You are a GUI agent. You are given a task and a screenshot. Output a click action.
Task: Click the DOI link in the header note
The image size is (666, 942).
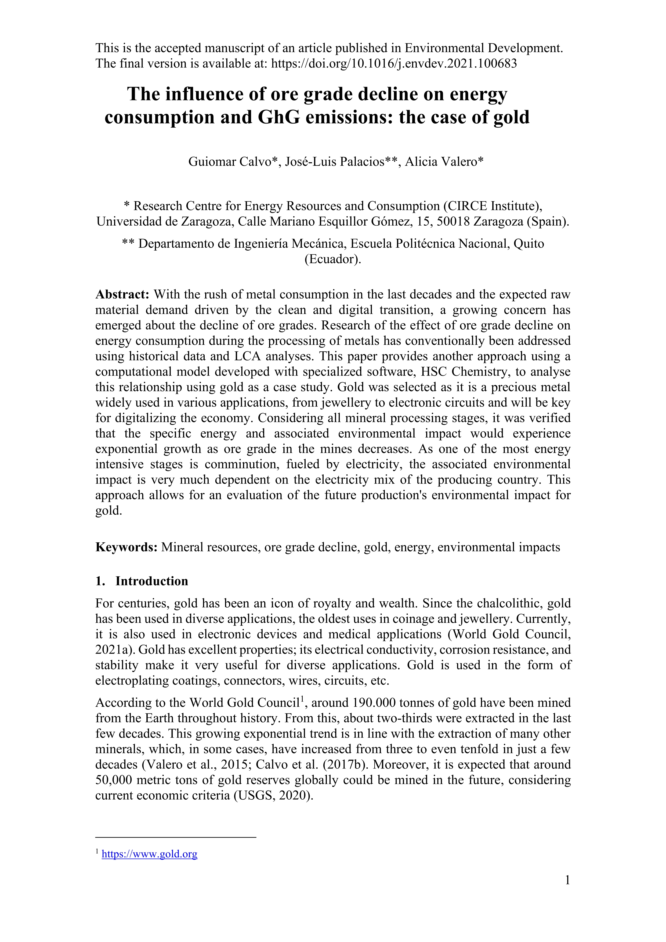[x=394, y=64]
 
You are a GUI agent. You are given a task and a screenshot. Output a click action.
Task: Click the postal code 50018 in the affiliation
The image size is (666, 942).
[x=453, y=222]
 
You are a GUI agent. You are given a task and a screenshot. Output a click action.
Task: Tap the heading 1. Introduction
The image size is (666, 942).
[x=142, y=581]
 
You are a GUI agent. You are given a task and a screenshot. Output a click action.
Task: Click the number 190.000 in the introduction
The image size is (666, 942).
[x=374, y=703]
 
